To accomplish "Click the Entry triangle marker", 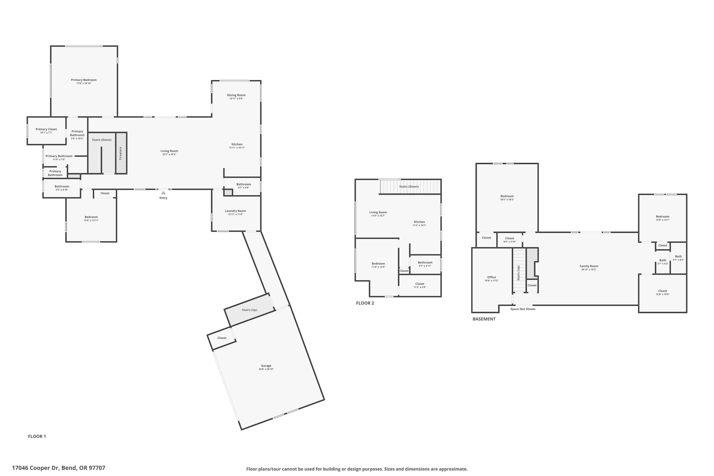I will tap(163, 193).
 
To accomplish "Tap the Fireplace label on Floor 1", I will tap(120, 153).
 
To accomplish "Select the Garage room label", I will tap(266, 366).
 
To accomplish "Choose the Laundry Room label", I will tap(235, 211).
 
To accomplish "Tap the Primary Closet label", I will tap(46, 129).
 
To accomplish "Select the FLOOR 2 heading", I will tap(365, 303).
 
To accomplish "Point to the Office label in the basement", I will tap(491, 277).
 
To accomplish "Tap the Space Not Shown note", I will tap(523, 309).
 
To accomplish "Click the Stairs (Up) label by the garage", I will tap(249, 310).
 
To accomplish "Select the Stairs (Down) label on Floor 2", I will tap(409, 187).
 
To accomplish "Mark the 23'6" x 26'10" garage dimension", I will tap(266, 369).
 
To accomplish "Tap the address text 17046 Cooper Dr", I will tap(59, 468).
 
